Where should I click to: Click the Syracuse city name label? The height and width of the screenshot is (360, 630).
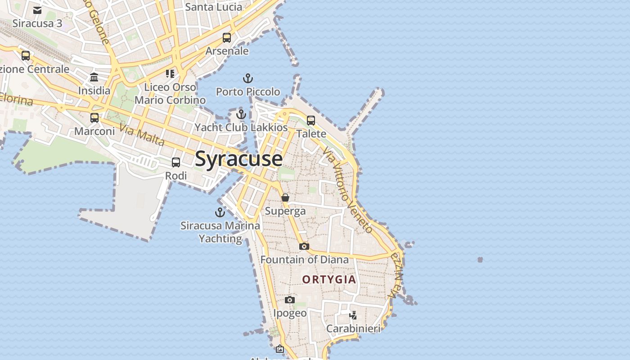click(x=239, y=159)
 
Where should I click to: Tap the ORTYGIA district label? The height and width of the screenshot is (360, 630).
click(x=329, y=279)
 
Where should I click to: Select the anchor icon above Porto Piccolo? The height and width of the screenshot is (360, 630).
click(x=247, y=79)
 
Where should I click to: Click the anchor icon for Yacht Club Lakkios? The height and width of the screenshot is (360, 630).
click(x=241, y=114)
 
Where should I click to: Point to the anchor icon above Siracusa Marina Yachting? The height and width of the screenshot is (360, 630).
click(x=220, y=212)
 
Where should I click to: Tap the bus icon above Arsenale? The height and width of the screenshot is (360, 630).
click(x=227, y=38)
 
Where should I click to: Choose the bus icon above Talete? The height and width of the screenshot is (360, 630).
click(x=311, y=121)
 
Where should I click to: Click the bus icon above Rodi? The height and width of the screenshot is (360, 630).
click(x=176, y=162)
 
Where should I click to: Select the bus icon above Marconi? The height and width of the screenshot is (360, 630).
click(x=94, y=118)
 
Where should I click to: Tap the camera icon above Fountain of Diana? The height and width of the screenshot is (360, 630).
click(x=304, y=246)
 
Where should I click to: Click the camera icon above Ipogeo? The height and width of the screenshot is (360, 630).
click(x=290, y=300)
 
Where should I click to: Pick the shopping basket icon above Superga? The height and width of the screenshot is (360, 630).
click(x=285, y=198)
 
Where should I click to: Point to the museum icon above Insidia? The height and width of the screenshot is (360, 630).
click(x=94, y=77)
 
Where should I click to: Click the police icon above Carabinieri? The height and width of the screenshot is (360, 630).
click(x=353, y=315)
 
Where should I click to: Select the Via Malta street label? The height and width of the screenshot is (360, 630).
click(x=142, y=135)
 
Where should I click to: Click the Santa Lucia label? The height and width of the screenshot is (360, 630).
click(x=213, y=7)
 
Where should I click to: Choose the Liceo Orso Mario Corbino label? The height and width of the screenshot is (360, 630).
click(x=170, y=94)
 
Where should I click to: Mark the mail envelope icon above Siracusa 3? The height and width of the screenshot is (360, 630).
click(x=37, y=10)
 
